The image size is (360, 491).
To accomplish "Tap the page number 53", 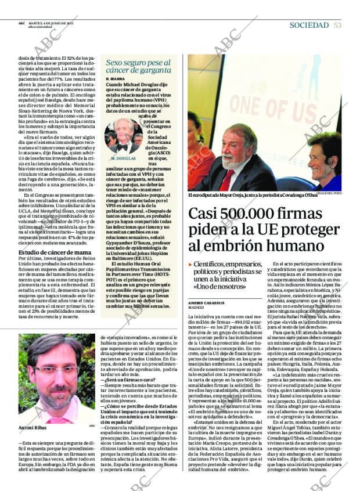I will (x=337, y=25).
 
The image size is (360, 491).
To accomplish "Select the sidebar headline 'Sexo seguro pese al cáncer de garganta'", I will (x=138, y=67).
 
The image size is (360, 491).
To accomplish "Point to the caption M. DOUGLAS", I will (x=123, y=158).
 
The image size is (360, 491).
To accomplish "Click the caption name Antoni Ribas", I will (x=33, y=427).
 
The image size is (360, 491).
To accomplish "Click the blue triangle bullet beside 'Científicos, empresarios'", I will (x=190, y=265).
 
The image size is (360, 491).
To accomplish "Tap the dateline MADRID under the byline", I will (x=196, y=308).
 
